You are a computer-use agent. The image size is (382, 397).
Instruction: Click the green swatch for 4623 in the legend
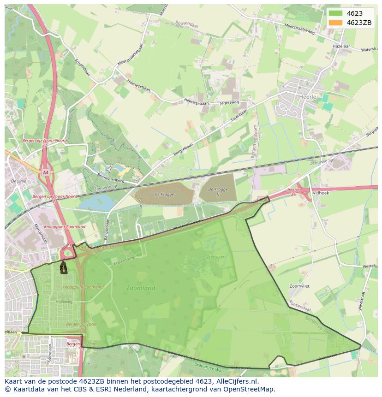click(x=335, y=13)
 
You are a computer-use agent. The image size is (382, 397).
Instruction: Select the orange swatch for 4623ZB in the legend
click(x=335, y=23)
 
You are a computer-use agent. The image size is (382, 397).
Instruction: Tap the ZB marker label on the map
click(x=63, y=268)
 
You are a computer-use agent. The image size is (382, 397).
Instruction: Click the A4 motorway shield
click(x=45, y=172)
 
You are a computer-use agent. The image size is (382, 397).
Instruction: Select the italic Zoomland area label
click(x=141, y=288)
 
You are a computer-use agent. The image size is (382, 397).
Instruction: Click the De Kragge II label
click(x=218, y=191)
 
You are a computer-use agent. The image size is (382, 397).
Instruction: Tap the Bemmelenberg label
click(x=111, y=178)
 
